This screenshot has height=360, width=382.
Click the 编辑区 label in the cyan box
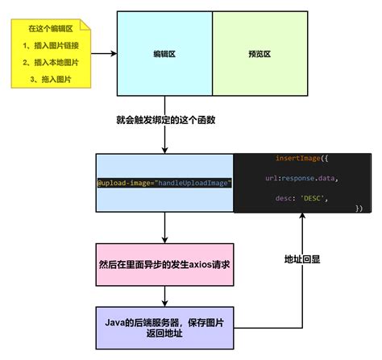point(164,55)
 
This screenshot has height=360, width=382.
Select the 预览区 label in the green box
point(260,55)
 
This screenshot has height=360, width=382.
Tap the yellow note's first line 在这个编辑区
point(50,30)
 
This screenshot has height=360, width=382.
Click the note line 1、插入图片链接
point(50,46)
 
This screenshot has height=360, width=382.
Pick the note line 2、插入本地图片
point(50,62)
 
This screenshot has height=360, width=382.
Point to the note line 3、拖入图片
point(50,78)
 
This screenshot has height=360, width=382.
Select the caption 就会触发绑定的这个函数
point(165,120)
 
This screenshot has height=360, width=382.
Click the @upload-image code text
point(164,183)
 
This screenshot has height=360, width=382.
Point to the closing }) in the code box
point(358,208)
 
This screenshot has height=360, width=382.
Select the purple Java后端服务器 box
point(164,326)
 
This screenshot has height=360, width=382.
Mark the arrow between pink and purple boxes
point(164,297)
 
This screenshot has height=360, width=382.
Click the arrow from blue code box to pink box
point(164,229)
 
